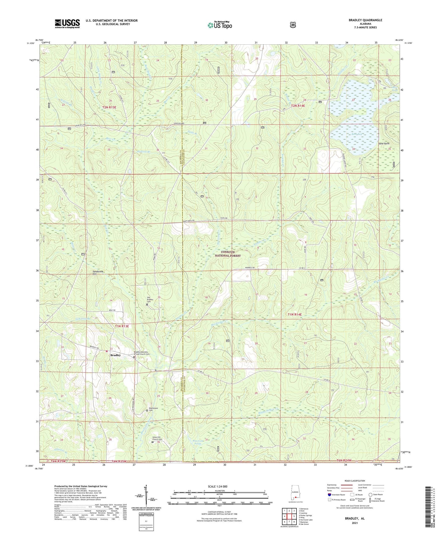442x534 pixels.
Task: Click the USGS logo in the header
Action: pos(67,23)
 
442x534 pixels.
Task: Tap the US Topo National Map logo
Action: pos(220,25)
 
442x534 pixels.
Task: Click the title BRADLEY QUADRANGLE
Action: pos(365,20)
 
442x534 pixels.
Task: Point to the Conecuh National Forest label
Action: pos(228,254)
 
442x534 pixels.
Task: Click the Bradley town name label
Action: pos(116,355)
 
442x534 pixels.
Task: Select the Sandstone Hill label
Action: pos(98,273)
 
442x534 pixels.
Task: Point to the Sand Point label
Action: pos(384,143)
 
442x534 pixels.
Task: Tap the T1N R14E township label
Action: pos(295,314)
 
